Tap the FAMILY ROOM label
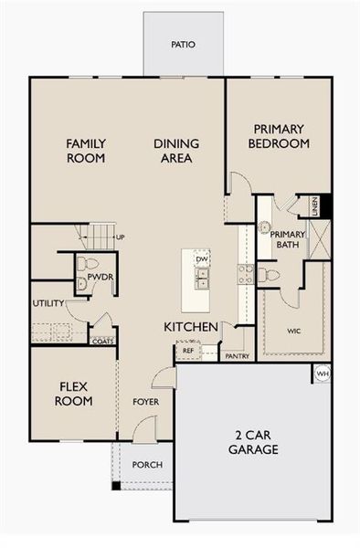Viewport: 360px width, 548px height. coord(85,150)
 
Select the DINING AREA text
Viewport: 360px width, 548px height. coord(172,150)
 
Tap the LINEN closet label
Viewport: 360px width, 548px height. coord(313,208)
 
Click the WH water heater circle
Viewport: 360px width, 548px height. coord(322,374)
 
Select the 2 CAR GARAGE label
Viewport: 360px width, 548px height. coord(255,442)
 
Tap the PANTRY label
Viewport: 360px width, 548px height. coord(237,356)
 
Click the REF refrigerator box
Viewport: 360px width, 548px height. coord(187,350)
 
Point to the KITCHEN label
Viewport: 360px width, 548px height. coord(190,326)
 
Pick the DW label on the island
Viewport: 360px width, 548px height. coord(202,259)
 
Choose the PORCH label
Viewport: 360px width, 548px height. coord(147,465)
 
